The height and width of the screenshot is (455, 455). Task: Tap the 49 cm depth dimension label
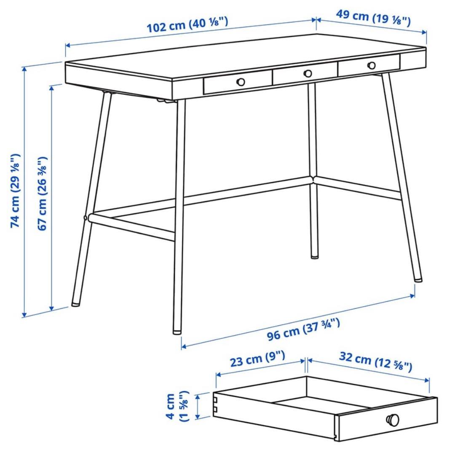373,18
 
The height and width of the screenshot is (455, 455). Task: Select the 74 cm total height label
16,190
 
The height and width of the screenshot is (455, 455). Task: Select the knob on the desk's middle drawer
308,73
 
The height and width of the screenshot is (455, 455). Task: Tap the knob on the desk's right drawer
372,65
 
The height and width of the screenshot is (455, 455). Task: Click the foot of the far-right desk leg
418,279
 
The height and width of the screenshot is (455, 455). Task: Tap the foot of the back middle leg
314,256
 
